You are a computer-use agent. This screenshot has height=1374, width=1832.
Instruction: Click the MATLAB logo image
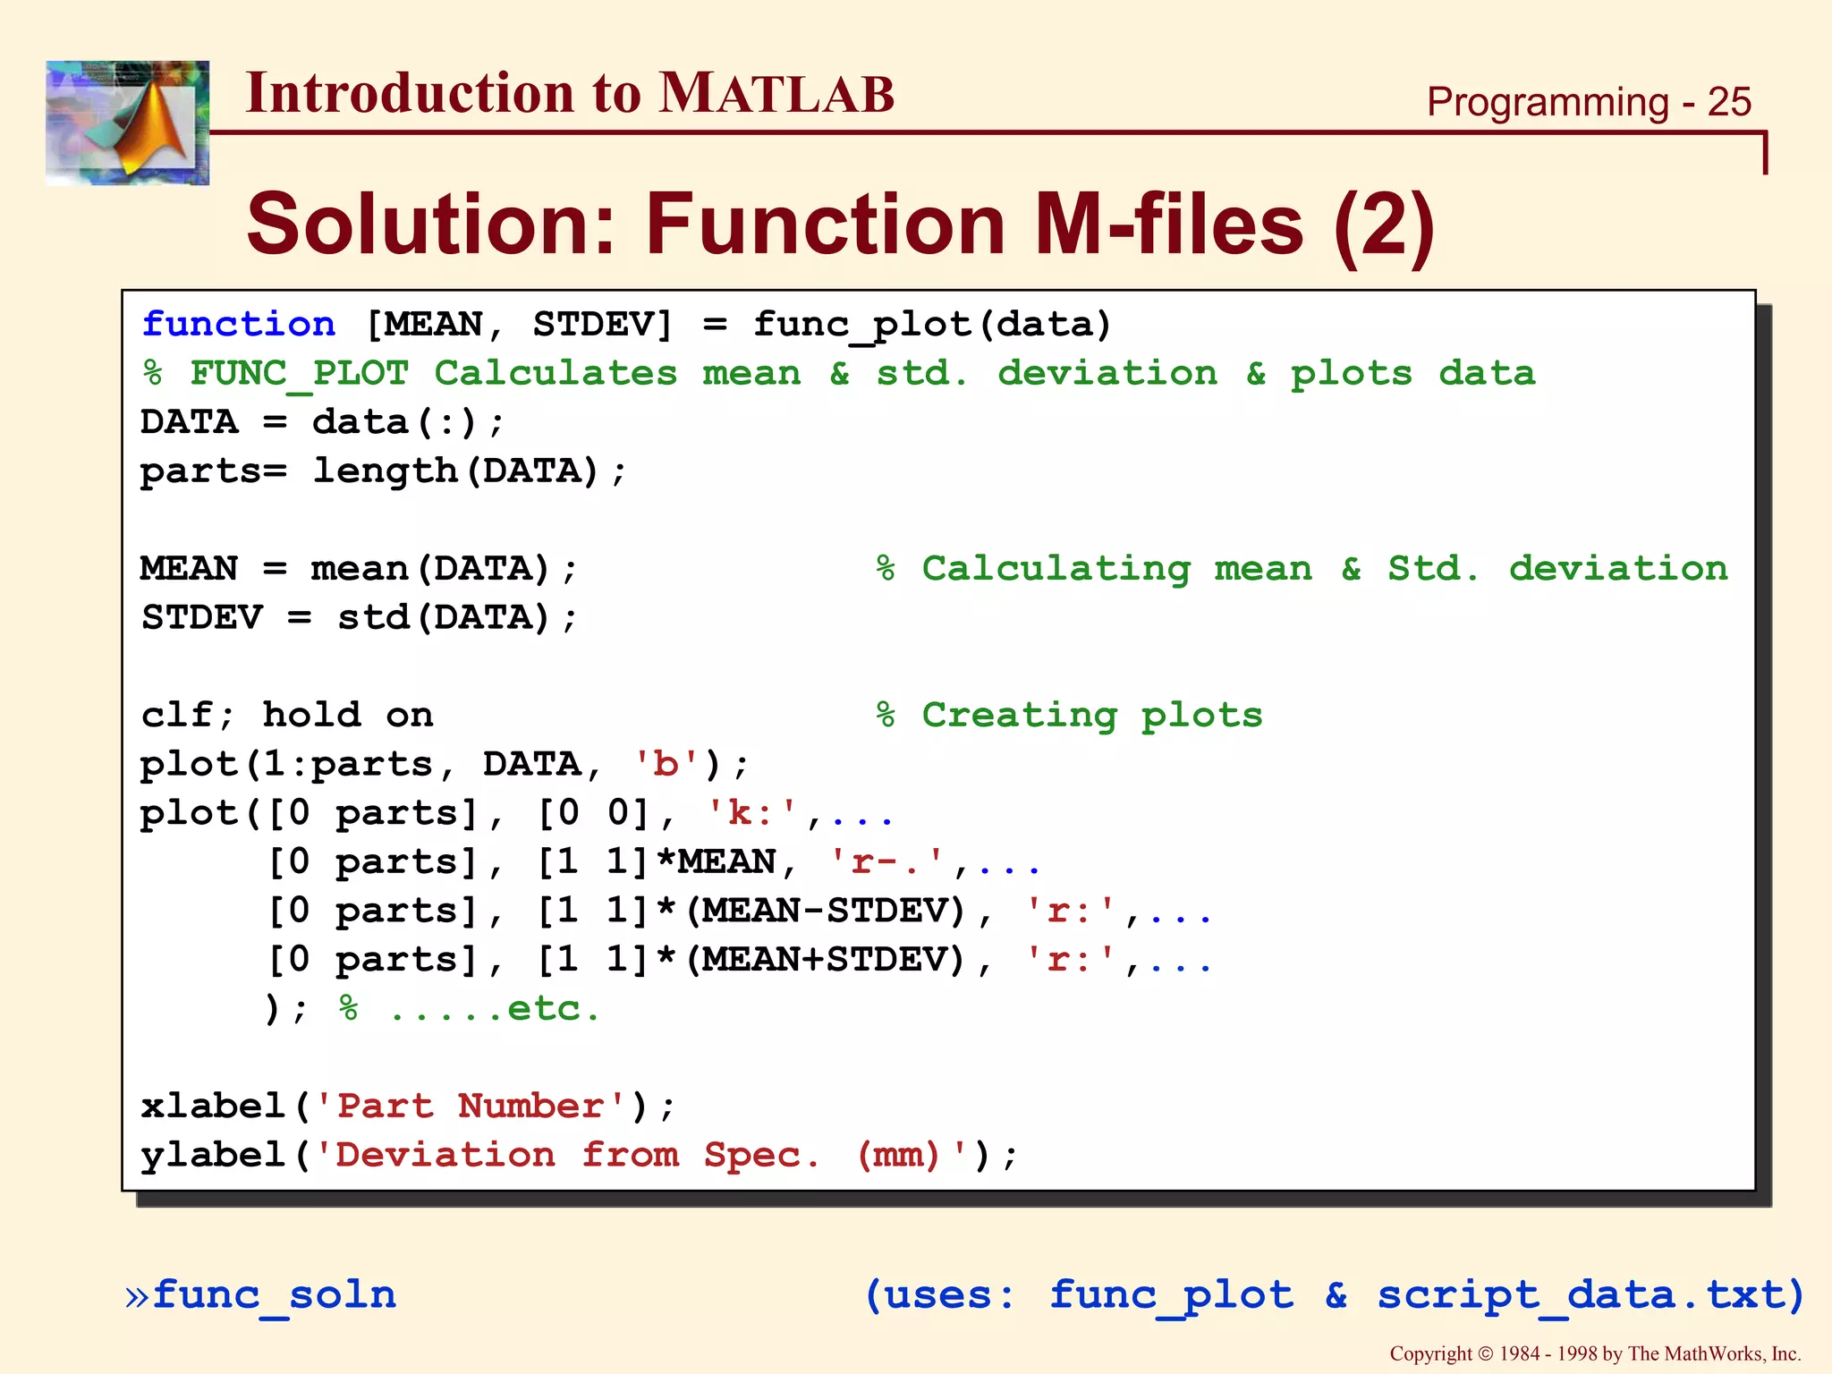[127, 123]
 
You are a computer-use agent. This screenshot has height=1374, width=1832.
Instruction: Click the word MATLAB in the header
[776, 94]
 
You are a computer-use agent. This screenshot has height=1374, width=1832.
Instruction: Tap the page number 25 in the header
[1728, 102]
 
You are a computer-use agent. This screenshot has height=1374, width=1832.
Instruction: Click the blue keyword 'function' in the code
[239, 325]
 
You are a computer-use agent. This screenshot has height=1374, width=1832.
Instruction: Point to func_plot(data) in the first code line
[931, 325]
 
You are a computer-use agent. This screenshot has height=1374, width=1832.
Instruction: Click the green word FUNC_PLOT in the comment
[300, 374]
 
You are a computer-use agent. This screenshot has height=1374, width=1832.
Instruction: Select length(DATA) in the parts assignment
[456, 471]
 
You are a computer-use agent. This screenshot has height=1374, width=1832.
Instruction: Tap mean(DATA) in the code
[430, 569]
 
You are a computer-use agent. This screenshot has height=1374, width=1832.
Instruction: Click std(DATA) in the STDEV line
[444, 618]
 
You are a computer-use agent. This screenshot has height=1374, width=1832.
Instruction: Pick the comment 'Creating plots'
[1091, 716]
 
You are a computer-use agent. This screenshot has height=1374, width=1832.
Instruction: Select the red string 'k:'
[751, 813]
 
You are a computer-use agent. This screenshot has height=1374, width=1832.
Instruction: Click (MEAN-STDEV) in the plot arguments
[827, 912]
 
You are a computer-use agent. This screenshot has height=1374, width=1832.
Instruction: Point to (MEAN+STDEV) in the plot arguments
[827, 960]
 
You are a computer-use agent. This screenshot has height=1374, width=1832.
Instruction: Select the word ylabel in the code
[213, 1156]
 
